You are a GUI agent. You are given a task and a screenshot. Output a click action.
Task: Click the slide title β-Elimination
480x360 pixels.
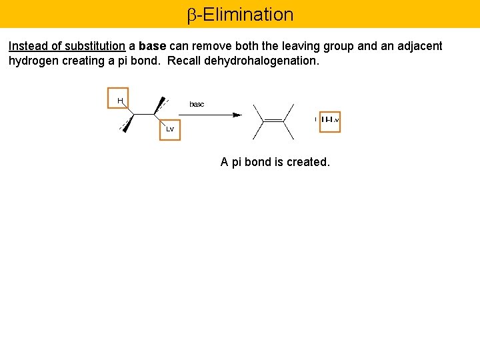240,14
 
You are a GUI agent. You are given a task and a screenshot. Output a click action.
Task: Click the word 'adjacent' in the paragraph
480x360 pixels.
419,46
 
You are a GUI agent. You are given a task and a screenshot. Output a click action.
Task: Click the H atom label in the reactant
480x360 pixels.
120,101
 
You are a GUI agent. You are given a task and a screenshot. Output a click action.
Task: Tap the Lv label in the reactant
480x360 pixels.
170,129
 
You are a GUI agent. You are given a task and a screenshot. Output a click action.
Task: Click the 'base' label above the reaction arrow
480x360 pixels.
197,104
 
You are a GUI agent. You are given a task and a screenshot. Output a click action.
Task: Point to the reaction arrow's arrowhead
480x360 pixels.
237,115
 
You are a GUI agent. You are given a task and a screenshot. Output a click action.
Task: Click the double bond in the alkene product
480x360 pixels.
273,121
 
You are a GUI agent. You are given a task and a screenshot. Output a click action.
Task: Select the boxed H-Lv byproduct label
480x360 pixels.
330,121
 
